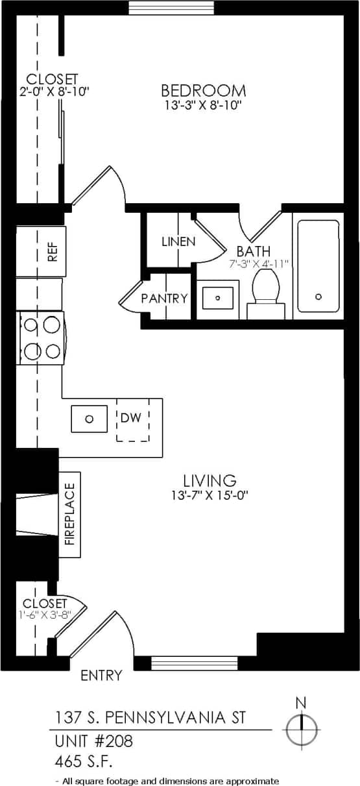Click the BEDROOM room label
[x=203, y=90]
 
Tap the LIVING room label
[x=209, y=481]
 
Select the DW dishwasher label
[x=130, y=417]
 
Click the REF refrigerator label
[x=53, y=251]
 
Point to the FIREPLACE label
[x=70, y=514]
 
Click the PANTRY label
[x=164, y=299]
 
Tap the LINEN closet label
[x=178, y=241]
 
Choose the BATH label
[x=253, y=251]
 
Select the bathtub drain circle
[x=318, y=297]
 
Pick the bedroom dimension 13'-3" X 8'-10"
[x=203, y=104]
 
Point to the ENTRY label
[x=101, y=676]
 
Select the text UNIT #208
[x=93, y=739]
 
